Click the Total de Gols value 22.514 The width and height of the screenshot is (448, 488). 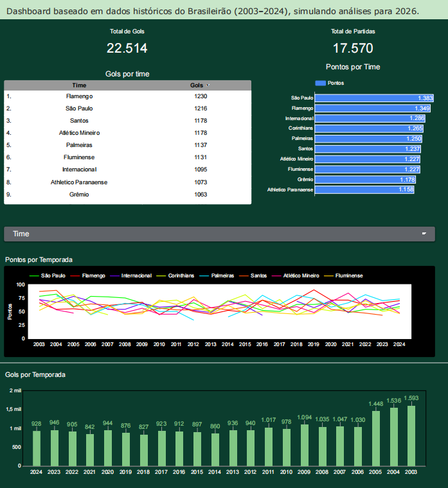click(127, 48)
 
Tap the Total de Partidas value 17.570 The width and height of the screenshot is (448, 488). click(353, 48)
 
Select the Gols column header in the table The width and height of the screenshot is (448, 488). click(197, 85)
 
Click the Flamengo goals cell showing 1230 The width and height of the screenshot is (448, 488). click(201, 96)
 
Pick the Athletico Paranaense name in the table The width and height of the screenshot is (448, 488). click(79, 182)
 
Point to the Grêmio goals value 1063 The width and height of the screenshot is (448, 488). click(201, 195)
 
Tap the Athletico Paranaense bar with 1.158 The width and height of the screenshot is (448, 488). click(364, 190)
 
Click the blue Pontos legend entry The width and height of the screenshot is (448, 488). click(330, 83)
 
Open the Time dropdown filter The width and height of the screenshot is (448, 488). click(219, 234)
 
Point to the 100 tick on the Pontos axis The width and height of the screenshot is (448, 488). click(21, 284)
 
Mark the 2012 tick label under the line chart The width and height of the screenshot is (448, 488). click(193, 344)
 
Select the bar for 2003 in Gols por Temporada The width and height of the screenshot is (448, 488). click(411, 435)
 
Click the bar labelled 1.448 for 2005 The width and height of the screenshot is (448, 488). click(375, 438)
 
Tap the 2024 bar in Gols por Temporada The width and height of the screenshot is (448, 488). click(37, 448)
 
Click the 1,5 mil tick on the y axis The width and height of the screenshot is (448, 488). click(14, 409)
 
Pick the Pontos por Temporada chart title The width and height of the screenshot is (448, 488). click(39, 260)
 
